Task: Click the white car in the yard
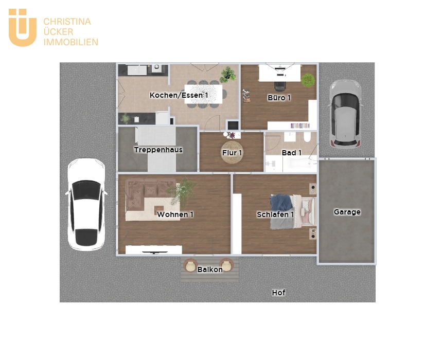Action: click(x=86, y=204)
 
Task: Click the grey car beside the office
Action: click(x=345, y=114)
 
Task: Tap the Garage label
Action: click(x=347, y=212)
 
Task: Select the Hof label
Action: click(x=278, y=293)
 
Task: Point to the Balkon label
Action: click(x=210, y=269)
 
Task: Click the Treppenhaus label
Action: click(x=158, y=150)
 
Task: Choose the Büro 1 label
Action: click(x=279, y=98)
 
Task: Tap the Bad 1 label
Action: click(x=292, y=153)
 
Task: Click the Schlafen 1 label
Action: click(x=275, y=214)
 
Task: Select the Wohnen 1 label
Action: click(x=175, y=214)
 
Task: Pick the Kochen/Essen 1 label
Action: click(x=179, y=95)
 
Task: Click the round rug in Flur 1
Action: click(x=232, y=152)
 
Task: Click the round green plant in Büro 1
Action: click(x=308, y=80)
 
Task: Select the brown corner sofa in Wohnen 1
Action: click(x=147, y=194)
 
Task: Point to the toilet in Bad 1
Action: click(x=307, y=137)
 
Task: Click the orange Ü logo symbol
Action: click(x=23, y=28)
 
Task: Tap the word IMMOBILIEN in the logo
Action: click(x=70, y=42)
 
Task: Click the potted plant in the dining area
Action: click(x=228, y=74)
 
